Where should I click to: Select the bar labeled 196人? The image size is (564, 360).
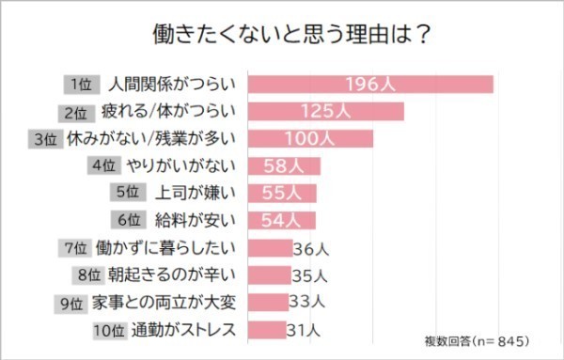pos(370,85)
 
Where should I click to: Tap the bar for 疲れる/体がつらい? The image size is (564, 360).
pos(326,112)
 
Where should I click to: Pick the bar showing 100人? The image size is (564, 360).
pos(311,139)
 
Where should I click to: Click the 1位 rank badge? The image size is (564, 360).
pos(81,85)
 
